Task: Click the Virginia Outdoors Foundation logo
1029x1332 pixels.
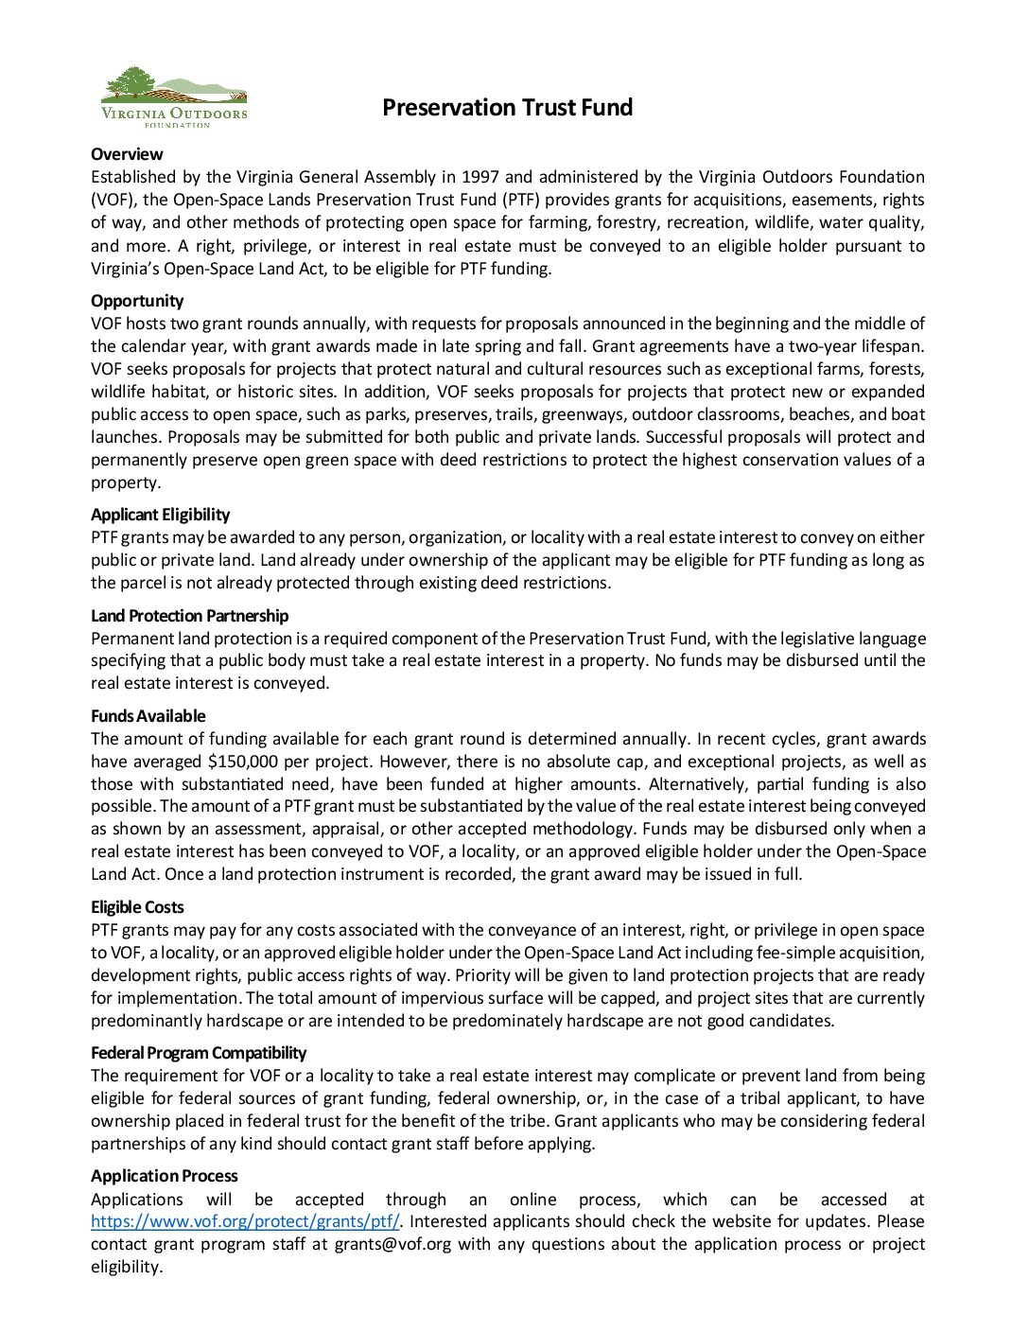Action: coord(174,97)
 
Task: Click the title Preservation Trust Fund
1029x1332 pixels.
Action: coord(507,108)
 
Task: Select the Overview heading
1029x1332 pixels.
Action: coord(127,154)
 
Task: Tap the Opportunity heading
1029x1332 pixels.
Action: coord(137,301)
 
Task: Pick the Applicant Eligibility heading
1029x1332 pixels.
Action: coord(160,515)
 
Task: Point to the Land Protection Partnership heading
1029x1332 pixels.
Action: coord(189,616)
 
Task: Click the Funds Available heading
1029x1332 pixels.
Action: coord(148,716)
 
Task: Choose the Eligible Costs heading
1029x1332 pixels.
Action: coord(137,907)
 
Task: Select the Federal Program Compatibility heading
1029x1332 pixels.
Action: coord(199,1053)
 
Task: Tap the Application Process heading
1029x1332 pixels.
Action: coord(164,1176)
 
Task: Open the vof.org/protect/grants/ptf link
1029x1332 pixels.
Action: coord(245,1221)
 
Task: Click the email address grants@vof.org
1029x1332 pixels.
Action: coord(392,1244)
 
